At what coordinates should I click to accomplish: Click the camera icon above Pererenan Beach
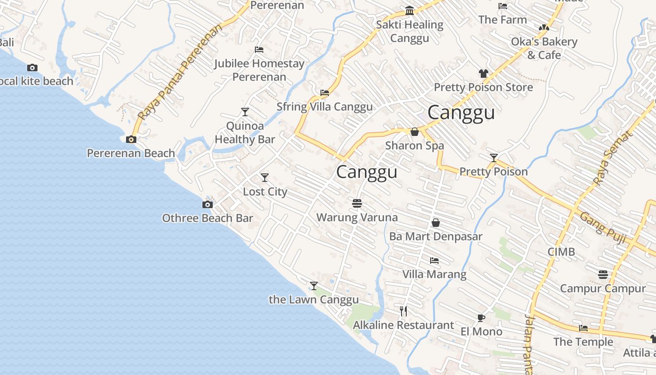pyautogui.click(x=131, y=139)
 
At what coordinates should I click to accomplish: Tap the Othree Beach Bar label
pyautogui.click(x=207, y=218)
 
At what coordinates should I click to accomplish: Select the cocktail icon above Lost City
pyautogui.click(x=265, y=178)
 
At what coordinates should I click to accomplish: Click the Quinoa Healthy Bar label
pyautogui.click(x=245, y=133)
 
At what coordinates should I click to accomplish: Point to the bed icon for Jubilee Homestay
pyautogui.click(x=259, y=50)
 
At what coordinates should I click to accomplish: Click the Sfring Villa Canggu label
pyautogui.click(x=324, y=107)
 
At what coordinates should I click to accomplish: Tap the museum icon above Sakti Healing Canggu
pyautogui.click(x=410, y=11)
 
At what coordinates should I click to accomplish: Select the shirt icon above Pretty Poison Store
pyautogui.click(x=484, y=74)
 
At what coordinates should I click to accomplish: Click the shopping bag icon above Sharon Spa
pyautogui.click(x=415, y=132)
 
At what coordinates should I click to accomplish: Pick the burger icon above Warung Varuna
pyautogui.click(x=357, y=203)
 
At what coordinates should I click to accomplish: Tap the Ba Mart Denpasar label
pyautogui.click(x=436, y=236)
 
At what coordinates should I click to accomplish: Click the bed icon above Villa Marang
pyautogui.click(x=434, y=260)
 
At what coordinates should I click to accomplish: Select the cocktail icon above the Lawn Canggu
pyautogui.click(x=314, y=286)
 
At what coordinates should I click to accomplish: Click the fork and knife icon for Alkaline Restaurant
pyautogui.click(x=403, y=311)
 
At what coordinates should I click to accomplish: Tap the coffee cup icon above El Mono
pyautogui.click(x=481, y=318)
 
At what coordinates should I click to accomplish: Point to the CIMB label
pyautogui.click(x=561, y=252)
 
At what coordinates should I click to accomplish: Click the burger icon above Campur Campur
pyautogui.click(x=603, y=274)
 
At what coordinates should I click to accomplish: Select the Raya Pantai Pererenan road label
pyautogui.click(x=181, y=73)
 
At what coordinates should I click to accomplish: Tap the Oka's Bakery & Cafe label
pyautogui.click(x=544, y=48)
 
